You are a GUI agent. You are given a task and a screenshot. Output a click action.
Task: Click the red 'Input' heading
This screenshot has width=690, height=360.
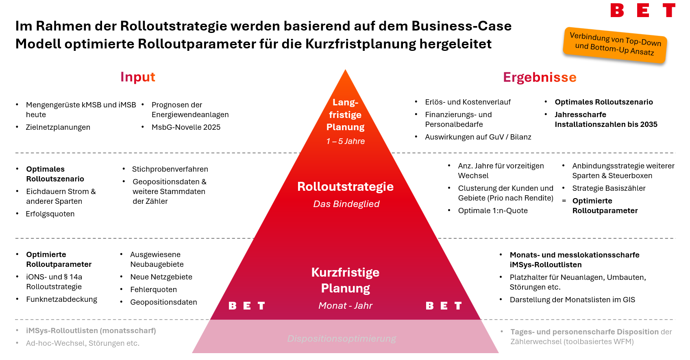click(137, 77)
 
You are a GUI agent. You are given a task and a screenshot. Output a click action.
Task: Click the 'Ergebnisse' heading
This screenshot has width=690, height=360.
click(540, 77)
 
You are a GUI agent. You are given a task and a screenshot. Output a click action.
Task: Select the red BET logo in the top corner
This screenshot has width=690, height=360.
click(642, 10)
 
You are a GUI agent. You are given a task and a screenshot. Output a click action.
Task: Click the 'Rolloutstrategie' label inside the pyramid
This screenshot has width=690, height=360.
click(345, 186)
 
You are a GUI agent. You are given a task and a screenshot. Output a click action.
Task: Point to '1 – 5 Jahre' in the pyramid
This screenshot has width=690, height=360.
click(345, 141)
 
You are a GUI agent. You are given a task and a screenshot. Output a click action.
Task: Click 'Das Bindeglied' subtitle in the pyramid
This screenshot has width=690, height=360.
click(346, 204)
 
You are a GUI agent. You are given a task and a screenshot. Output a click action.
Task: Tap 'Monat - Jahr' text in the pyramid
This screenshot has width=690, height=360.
click(345, 305)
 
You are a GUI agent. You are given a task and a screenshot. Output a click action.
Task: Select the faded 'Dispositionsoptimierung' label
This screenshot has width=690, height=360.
click(341, 338)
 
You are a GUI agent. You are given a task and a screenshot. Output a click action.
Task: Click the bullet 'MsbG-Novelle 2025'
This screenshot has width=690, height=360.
click(186, 127)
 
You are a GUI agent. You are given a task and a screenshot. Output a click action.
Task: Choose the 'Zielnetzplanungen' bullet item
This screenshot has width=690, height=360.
click(58, 127)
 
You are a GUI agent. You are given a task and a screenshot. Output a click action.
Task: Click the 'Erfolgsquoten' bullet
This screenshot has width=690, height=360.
click(50, 214)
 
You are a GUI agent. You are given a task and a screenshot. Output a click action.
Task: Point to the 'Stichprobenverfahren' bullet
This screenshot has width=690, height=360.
click(170, 169)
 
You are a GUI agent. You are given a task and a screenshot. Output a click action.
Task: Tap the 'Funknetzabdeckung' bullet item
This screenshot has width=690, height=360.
click(61, 299)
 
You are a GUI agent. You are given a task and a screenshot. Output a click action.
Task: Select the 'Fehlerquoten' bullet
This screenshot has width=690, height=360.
click(153, 290)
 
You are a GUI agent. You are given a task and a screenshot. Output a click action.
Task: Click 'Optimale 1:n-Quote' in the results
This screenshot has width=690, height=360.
click(493, 211)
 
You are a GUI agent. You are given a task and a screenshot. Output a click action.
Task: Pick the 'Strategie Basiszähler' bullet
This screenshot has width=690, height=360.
click(609, 188)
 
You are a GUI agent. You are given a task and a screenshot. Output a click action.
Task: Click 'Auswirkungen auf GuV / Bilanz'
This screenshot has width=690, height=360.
click(478, 137)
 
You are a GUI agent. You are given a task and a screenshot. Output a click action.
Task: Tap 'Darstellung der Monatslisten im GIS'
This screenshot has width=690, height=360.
click(572, 300)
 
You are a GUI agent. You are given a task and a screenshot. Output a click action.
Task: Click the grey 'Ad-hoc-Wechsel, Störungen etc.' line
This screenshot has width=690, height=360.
click(83, 343)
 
